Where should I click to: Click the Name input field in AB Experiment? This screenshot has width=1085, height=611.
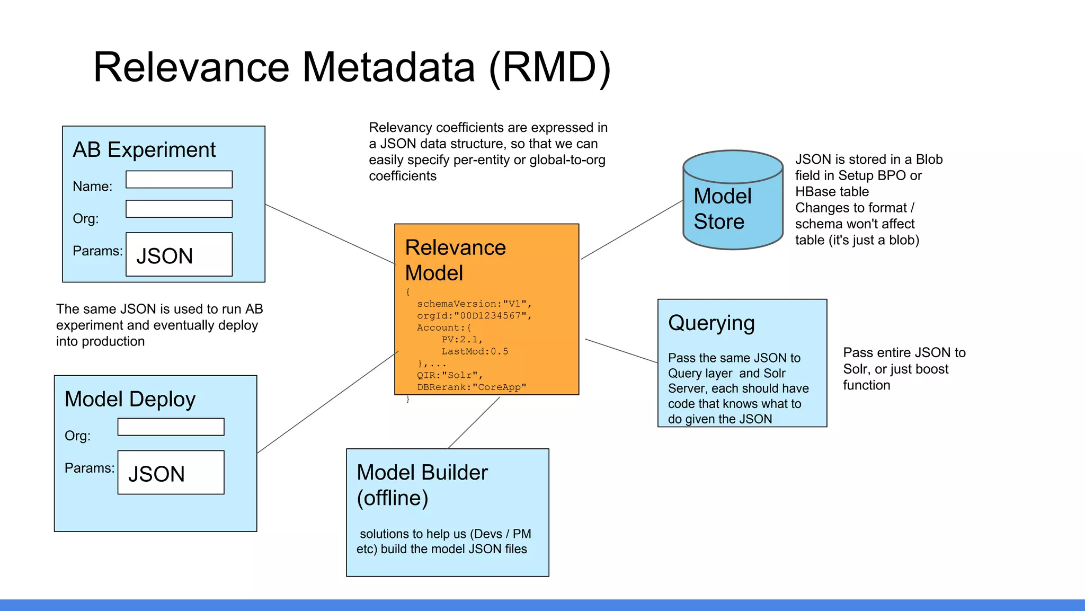(179, 179)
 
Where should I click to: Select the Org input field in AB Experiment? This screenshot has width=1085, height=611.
(179, 209)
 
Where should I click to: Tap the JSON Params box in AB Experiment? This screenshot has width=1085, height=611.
(179, 254)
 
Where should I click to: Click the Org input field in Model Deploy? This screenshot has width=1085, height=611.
(171, 427)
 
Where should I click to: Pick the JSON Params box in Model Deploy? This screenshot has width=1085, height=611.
(171, 472)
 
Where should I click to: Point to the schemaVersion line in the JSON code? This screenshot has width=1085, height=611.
(474, 304)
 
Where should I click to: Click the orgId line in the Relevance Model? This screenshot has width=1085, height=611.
(474, 316)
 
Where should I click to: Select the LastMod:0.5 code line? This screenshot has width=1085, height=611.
(475, 351)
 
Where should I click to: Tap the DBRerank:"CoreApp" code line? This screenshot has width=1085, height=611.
(472, 387)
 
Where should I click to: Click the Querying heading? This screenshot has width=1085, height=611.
(711, 323)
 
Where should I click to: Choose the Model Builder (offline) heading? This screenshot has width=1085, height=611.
(422, 485)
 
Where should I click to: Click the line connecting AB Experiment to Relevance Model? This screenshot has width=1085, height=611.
(330, 234)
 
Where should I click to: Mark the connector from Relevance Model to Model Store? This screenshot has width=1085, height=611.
(632, 230)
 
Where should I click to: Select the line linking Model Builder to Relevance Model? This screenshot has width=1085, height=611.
(474, 423)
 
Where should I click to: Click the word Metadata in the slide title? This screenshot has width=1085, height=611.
(388, 67)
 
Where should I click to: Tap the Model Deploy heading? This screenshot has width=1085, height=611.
(130, 399)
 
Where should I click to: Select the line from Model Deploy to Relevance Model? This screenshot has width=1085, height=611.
(327, 403)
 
